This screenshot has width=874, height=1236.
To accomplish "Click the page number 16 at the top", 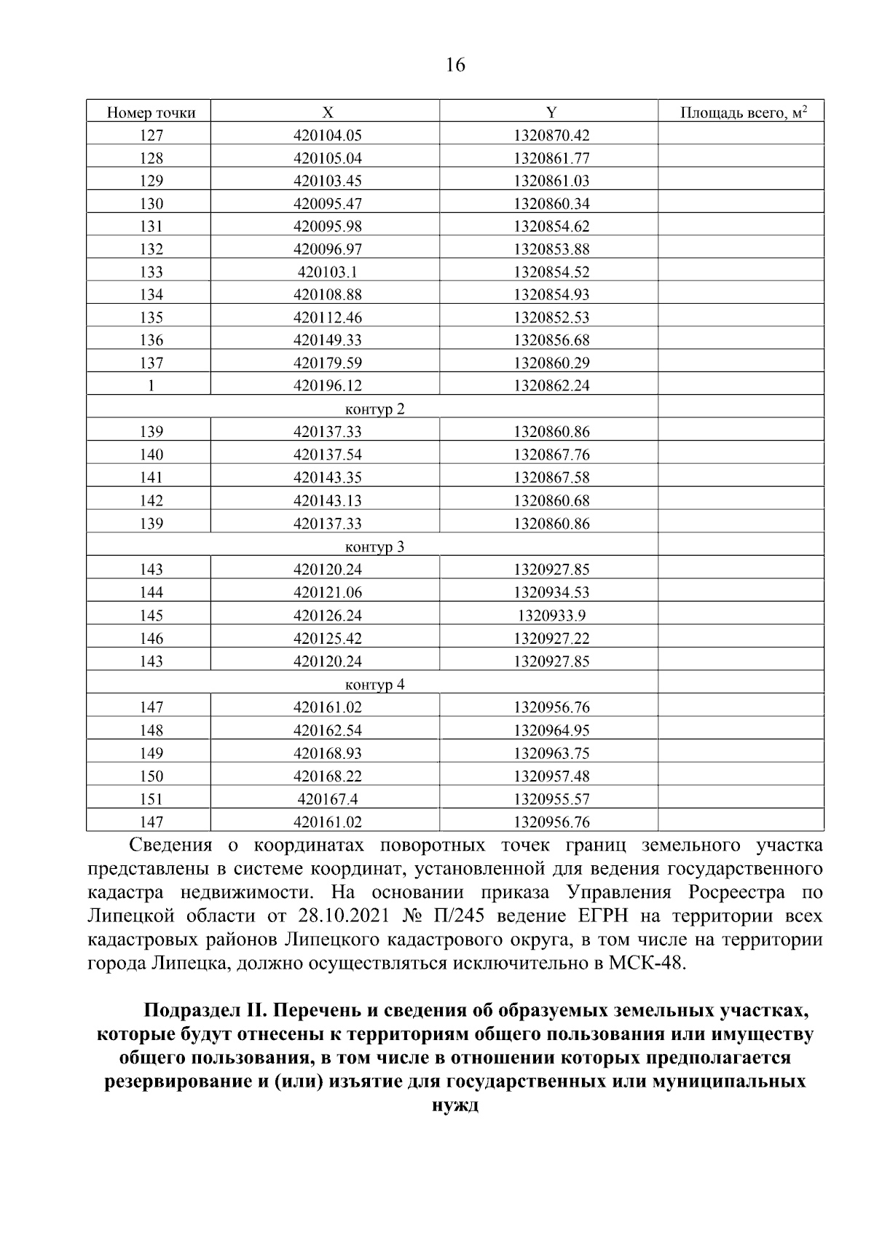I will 454,66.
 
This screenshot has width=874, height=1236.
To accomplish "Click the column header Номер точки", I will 151,113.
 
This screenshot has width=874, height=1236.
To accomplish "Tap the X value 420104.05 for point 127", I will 328,135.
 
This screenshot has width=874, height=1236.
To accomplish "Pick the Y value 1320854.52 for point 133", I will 551,272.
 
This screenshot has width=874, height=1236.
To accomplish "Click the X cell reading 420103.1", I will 328,272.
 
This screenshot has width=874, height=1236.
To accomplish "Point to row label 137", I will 151,363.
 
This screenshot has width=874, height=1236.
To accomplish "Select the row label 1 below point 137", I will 151,386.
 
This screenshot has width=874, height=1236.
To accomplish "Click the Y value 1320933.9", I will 551,616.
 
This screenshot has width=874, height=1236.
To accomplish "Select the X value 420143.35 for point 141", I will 328,478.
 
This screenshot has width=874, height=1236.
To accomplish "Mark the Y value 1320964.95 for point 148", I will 551,731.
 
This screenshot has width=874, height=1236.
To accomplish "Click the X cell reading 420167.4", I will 328,800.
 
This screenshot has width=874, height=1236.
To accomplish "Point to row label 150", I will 151,776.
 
